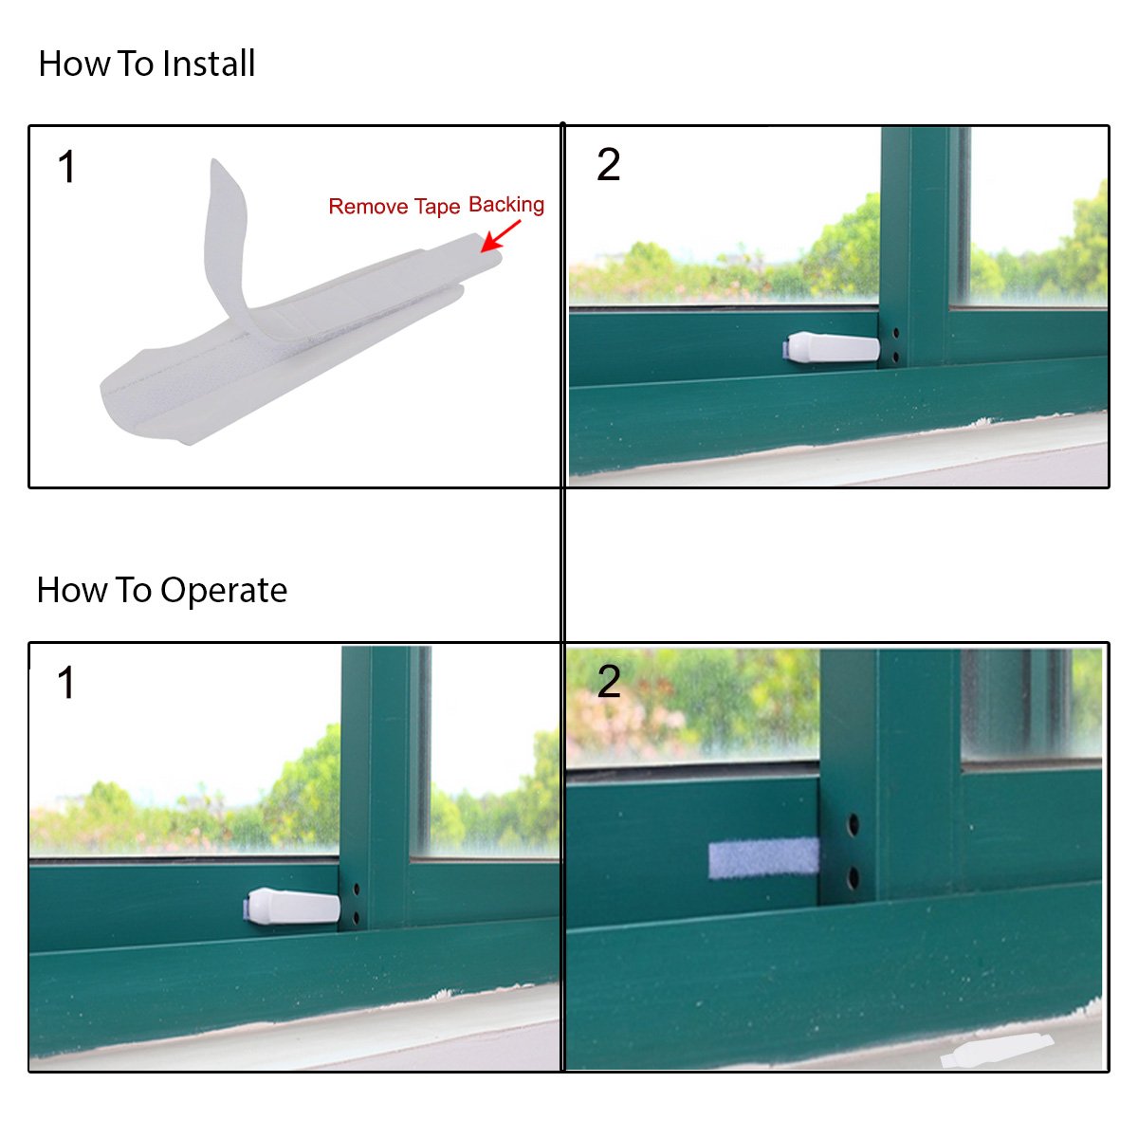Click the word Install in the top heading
tap(208, 64)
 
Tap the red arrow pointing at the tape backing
tap(500, 236)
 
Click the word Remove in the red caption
tap(368, 206)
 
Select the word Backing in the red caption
tap(506, 205)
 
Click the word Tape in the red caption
tap(437, 207)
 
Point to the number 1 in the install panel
tap(66, 167)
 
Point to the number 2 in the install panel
tap(608, 164)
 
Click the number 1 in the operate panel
tap(66, 682)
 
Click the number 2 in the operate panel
tap(609, 681)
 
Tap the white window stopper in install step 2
tap(831, 347)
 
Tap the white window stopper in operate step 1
tap(292, 906)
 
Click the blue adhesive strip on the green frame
tap(763, 858)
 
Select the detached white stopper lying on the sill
tap(997, 1051)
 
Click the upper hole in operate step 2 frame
tap(853, 824)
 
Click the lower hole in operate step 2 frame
tap(853, 877)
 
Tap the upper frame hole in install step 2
tap(896, 333)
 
